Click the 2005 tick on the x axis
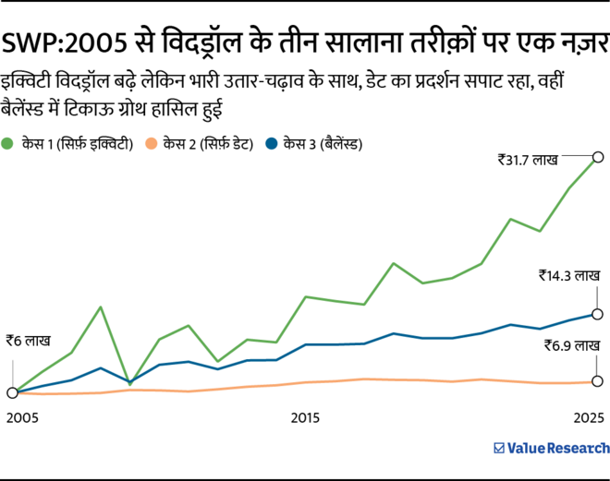click(22, 418)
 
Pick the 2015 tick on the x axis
click(305, 418)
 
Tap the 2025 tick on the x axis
click(588, 418)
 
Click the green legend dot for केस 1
click(9, 143)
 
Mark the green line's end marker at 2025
click(598, 157)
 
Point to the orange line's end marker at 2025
click(598, 381)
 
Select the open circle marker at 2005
click(12, 392)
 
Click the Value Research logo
click(551, 448)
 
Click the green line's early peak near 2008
click(100, 307)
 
